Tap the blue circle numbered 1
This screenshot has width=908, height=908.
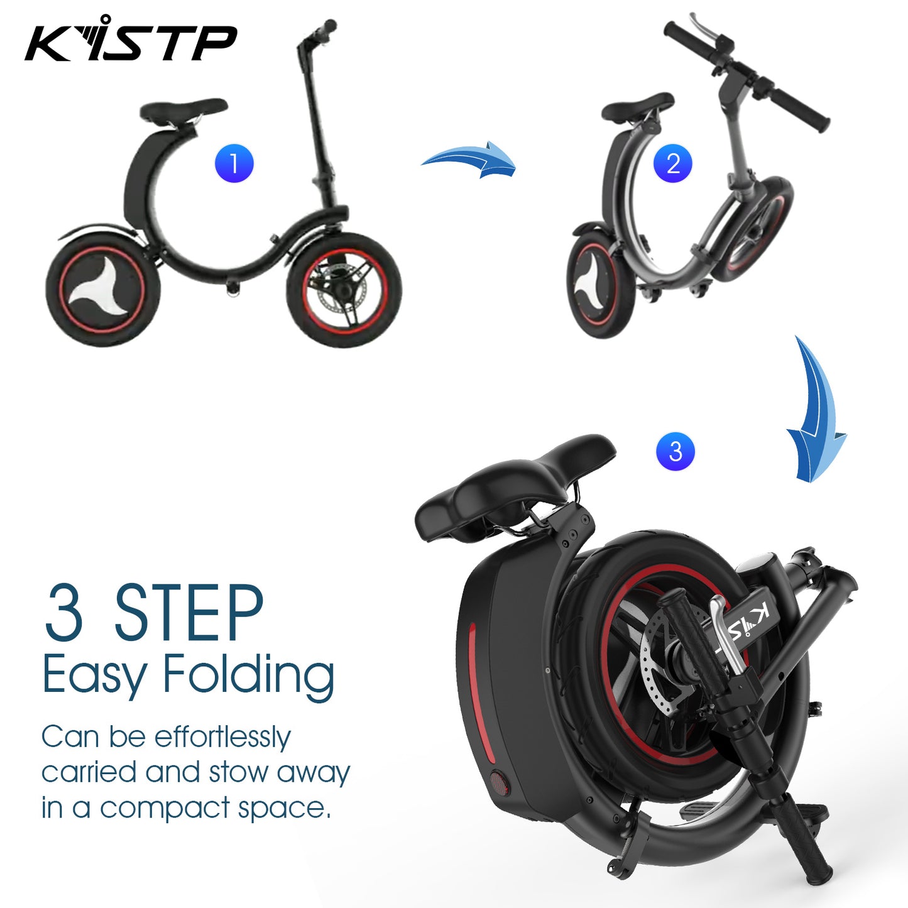tap(234, 163)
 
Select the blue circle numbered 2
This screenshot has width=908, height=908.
tap(672, 163)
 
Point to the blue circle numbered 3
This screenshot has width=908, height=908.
tap(676, 451)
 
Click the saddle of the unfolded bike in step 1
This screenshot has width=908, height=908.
tap(183, 111)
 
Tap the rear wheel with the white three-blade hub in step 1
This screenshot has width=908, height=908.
tap(102, 289)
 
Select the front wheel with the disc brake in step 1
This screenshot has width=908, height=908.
tap(344, 289)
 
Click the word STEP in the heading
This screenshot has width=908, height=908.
tap(189, 613)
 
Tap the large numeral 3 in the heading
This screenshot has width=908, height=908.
tap(64, 613)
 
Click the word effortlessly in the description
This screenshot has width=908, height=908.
tap(222, 738)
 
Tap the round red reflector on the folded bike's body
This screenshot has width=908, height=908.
tap(498, 782)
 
